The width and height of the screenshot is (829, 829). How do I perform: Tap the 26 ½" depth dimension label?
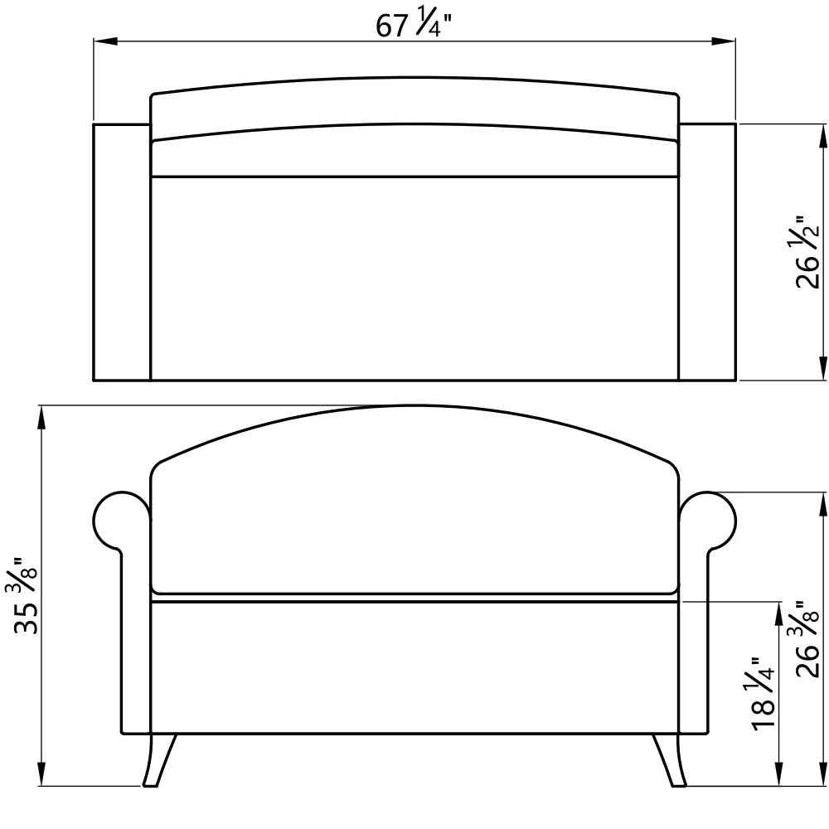point(807,252)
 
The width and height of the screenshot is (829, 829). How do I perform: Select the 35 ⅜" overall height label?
point(26,595)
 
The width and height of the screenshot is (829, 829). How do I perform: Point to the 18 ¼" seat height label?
point(762,694)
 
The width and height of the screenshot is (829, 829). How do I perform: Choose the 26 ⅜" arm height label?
point(807,639)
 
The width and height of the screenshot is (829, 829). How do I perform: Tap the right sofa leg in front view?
point(669,759)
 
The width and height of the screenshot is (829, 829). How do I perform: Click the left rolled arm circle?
point(122,521)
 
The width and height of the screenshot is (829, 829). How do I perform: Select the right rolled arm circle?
point(707,521)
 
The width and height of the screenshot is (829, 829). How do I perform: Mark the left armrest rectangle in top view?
point(122,252)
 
